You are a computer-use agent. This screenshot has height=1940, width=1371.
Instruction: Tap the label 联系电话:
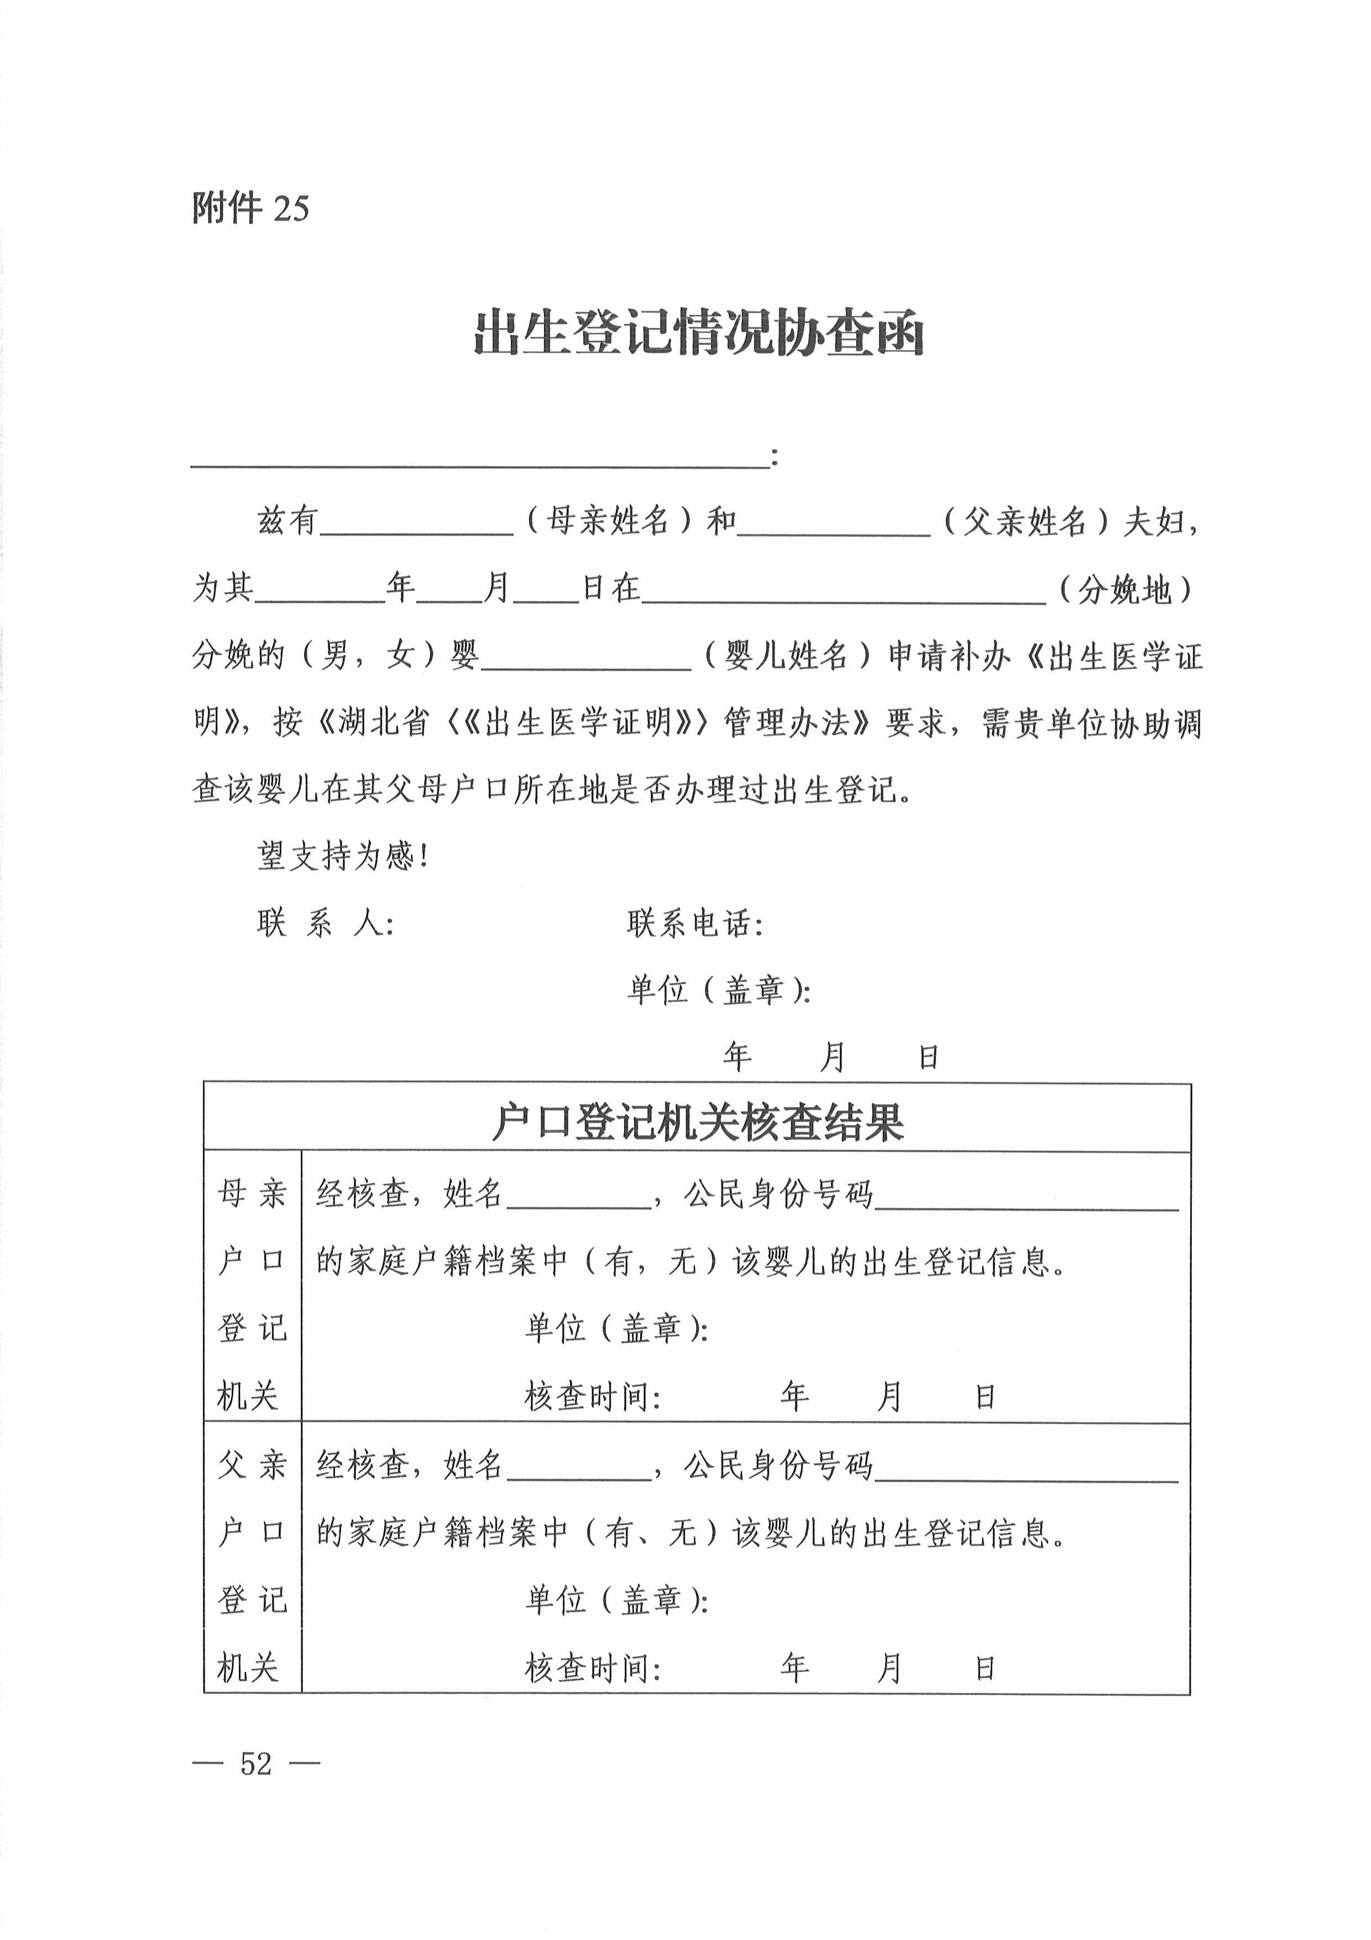pos(695,924)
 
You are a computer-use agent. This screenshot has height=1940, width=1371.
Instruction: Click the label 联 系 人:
pos(325,924)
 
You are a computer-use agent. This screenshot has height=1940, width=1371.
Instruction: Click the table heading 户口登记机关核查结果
pos(697,1123)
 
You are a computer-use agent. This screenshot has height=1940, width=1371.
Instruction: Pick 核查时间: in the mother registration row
pos(592,1397)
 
